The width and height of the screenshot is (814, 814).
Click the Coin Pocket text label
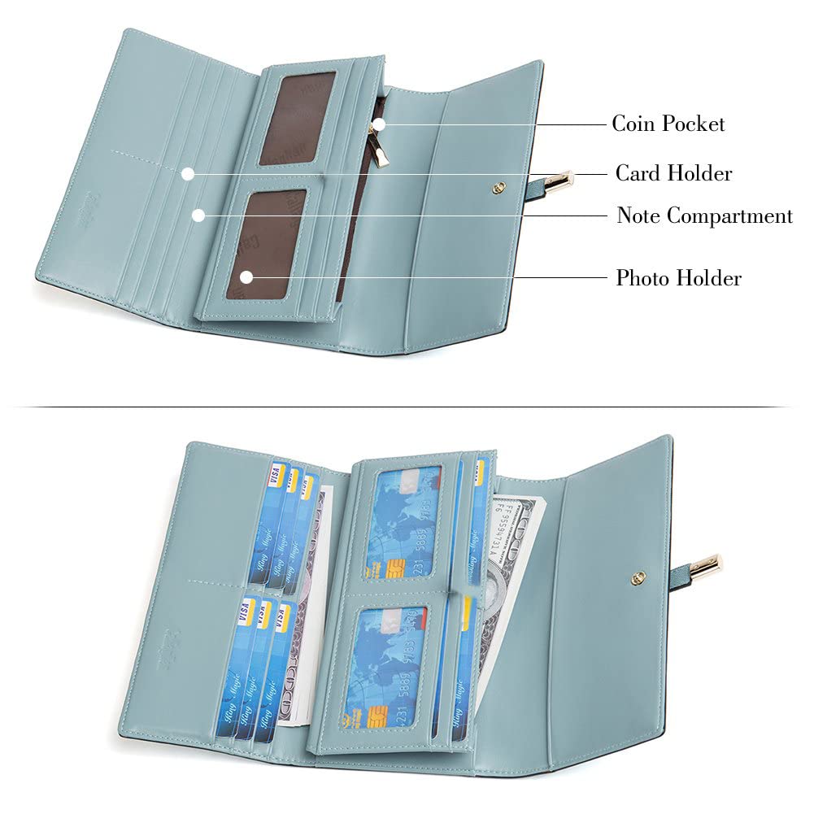(x=668, y=124)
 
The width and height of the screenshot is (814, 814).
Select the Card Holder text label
(x=673, y=173)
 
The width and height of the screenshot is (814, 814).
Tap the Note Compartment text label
(x=704, y=215)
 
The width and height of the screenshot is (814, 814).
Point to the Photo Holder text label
(x=678, y=278)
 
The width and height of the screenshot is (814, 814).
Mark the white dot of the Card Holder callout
(x=188, y=173)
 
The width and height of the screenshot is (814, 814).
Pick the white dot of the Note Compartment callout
(x=198, y=215)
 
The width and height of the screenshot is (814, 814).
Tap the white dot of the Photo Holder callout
(x=246, y=277)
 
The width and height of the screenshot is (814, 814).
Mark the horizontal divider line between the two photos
(x=407, y=407)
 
